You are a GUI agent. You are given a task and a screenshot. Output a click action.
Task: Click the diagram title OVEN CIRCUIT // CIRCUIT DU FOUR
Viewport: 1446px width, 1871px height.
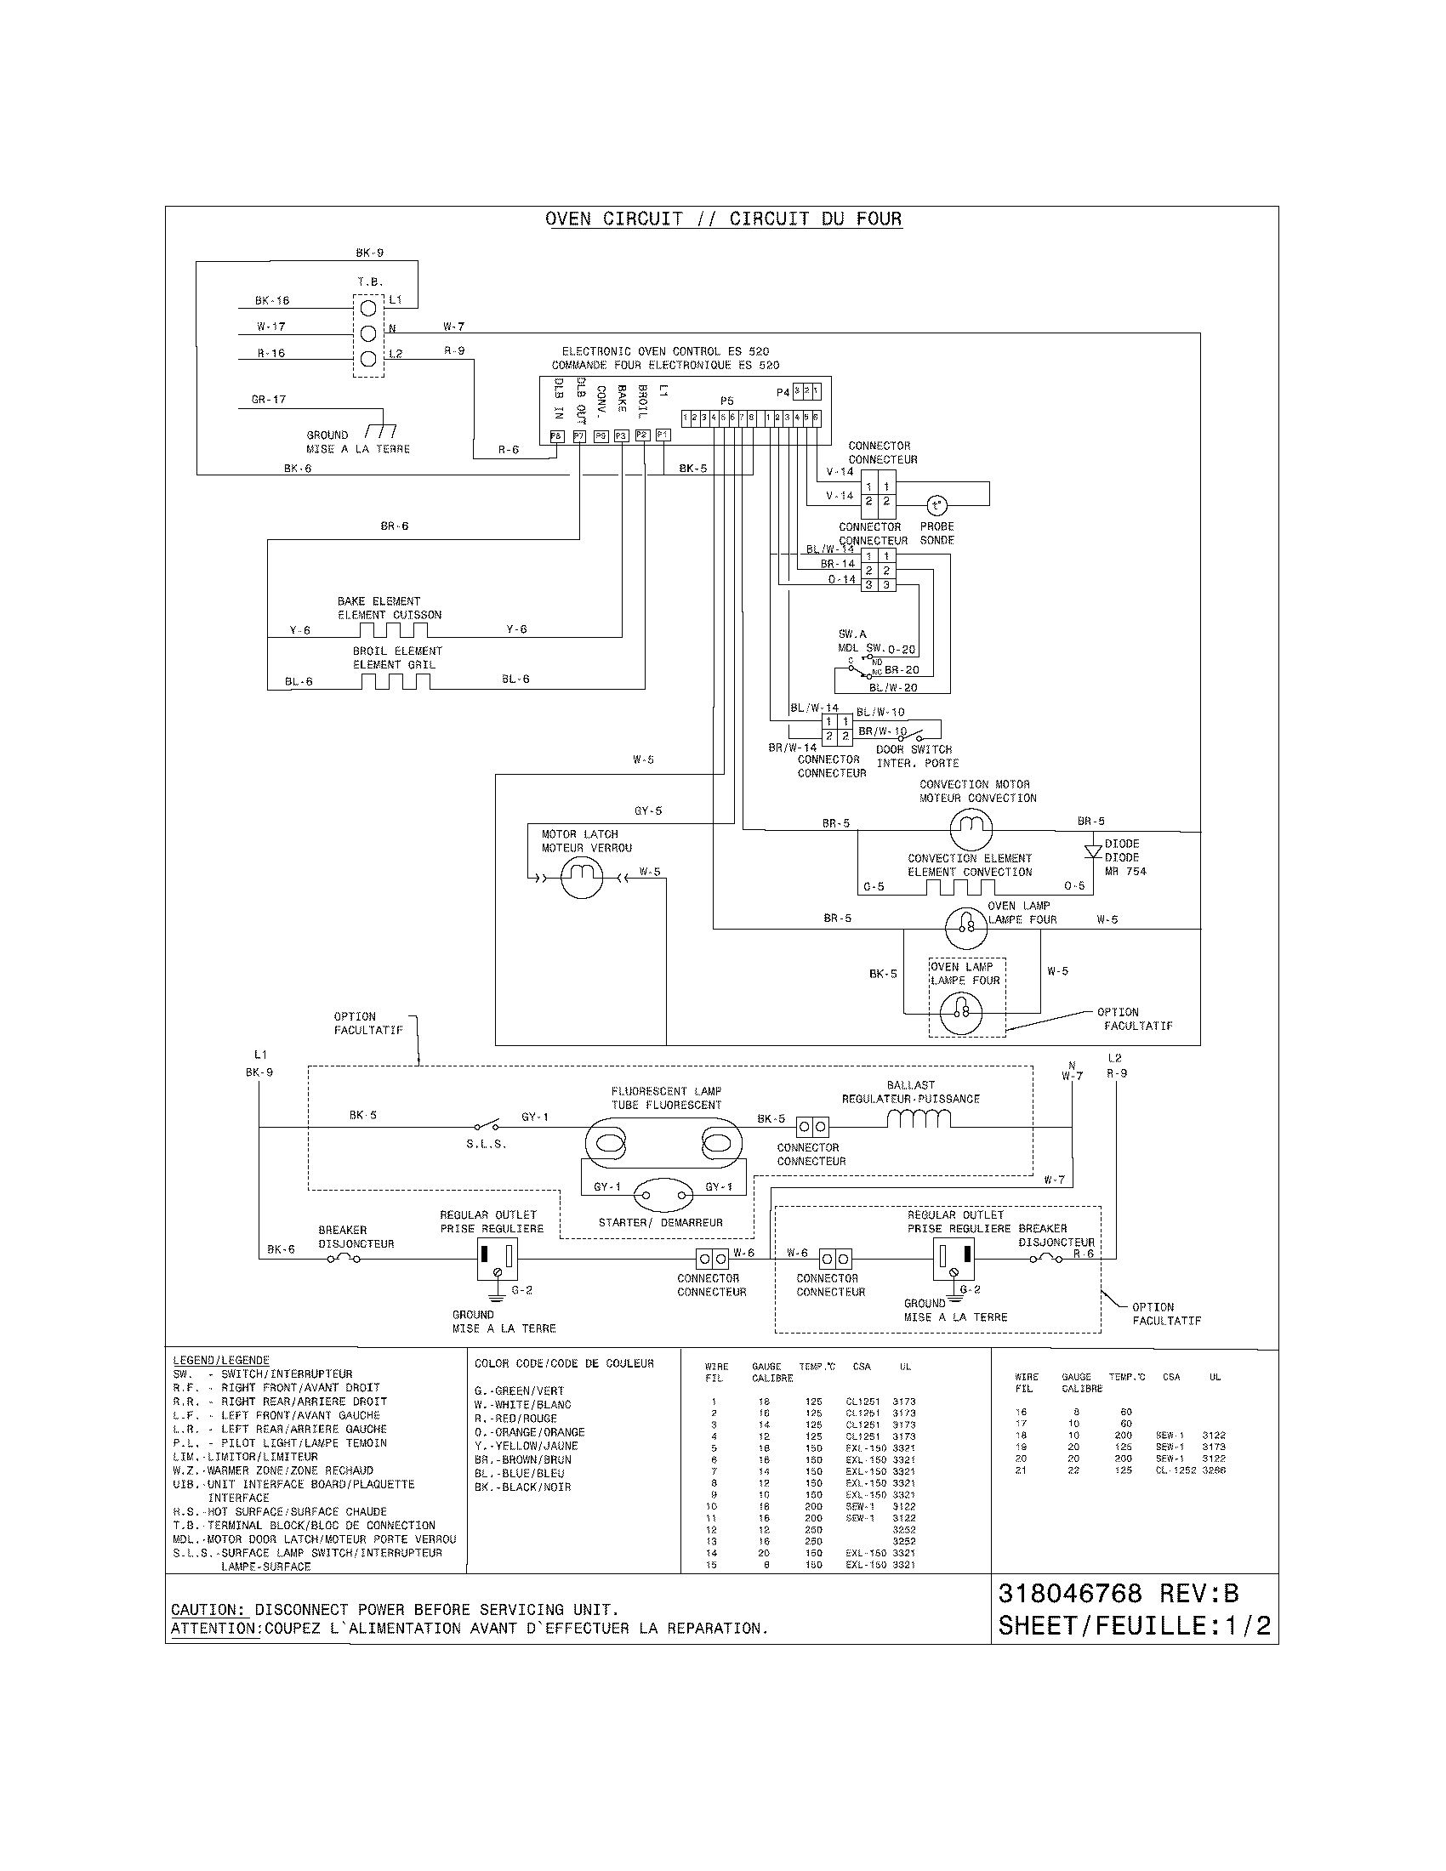click(x=723, y=219)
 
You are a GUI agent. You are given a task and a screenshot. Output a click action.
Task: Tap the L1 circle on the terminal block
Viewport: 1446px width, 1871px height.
click(x=367, y=307)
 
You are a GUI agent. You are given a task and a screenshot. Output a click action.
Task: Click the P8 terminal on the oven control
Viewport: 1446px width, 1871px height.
click(x=556, y=436)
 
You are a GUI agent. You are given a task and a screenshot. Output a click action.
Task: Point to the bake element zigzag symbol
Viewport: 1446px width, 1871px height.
click(x=394, y=630)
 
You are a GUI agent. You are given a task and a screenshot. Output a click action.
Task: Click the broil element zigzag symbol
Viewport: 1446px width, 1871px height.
click(x=395, y=680)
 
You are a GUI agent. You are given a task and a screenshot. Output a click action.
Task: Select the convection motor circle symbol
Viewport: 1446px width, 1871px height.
click(x=971, y=828)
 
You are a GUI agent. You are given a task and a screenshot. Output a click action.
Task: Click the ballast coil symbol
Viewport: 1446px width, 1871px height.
click(x=919, y=1119)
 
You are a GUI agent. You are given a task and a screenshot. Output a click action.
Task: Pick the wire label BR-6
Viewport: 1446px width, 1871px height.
click(x=394, y=526)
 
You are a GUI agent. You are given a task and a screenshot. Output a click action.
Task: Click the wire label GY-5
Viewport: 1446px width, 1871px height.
click(x=647, y=810)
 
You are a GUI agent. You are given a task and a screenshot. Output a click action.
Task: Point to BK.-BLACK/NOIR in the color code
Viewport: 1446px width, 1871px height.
click(x=521, y=1487)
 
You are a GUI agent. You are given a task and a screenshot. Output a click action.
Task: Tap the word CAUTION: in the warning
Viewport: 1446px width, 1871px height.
click(x=209, y=1610)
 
